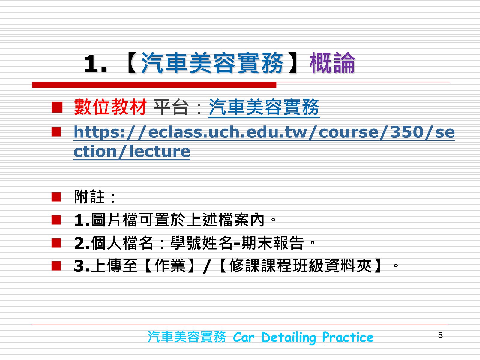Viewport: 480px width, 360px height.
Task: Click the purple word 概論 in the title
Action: [x=332, y=63]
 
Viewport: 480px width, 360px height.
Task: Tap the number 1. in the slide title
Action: [x=96, y=64]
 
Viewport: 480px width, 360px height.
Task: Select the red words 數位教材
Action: [x=110, y=107]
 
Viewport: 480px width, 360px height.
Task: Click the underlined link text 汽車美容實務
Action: [x=264, y=107]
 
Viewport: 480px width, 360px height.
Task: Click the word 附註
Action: [x=89, y=197]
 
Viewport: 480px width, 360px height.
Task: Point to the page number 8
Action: [x=440, y=335]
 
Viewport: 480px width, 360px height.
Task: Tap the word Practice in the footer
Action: [x=348, y=337]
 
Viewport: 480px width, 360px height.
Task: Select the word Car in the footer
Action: [x=244, y=337]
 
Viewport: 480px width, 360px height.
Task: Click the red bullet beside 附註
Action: [x=56, y=197]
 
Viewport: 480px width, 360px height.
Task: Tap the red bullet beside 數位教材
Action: [x=57, y=107]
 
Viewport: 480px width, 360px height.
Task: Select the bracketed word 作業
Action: [x=170, y=266]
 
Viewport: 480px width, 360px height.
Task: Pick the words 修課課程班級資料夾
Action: [x=301, y=266]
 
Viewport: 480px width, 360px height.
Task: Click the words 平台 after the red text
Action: [x=171, y=107]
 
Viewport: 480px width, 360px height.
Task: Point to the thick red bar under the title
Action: [x=154, y=85]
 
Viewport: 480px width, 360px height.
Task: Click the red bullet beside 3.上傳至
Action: [x=56, y=266]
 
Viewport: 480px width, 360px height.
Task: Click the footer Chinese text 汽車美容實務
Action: [x=187, y=337]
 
